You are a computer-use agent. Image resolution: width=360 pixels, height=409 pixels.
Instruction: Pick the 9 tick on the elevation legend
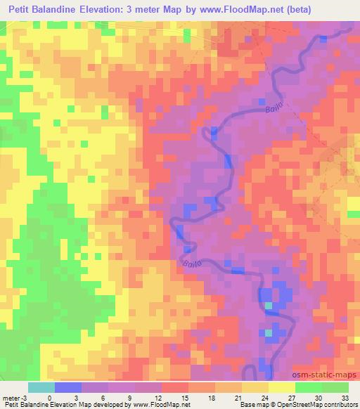pyautogui.click(x=130, y=397)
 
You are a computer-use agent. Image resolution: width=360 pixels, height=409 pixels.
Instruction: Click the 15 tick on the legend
pyautogui.click(x=184, y=397)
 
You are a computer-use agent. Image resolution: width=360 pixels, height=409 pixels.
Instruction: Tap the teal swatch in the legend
pyautogui.click(x=41, y=387)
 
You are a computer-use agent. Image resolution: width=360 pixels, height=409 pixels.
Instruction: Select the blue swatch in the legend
pyautogui.click(x=68, y=387)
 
